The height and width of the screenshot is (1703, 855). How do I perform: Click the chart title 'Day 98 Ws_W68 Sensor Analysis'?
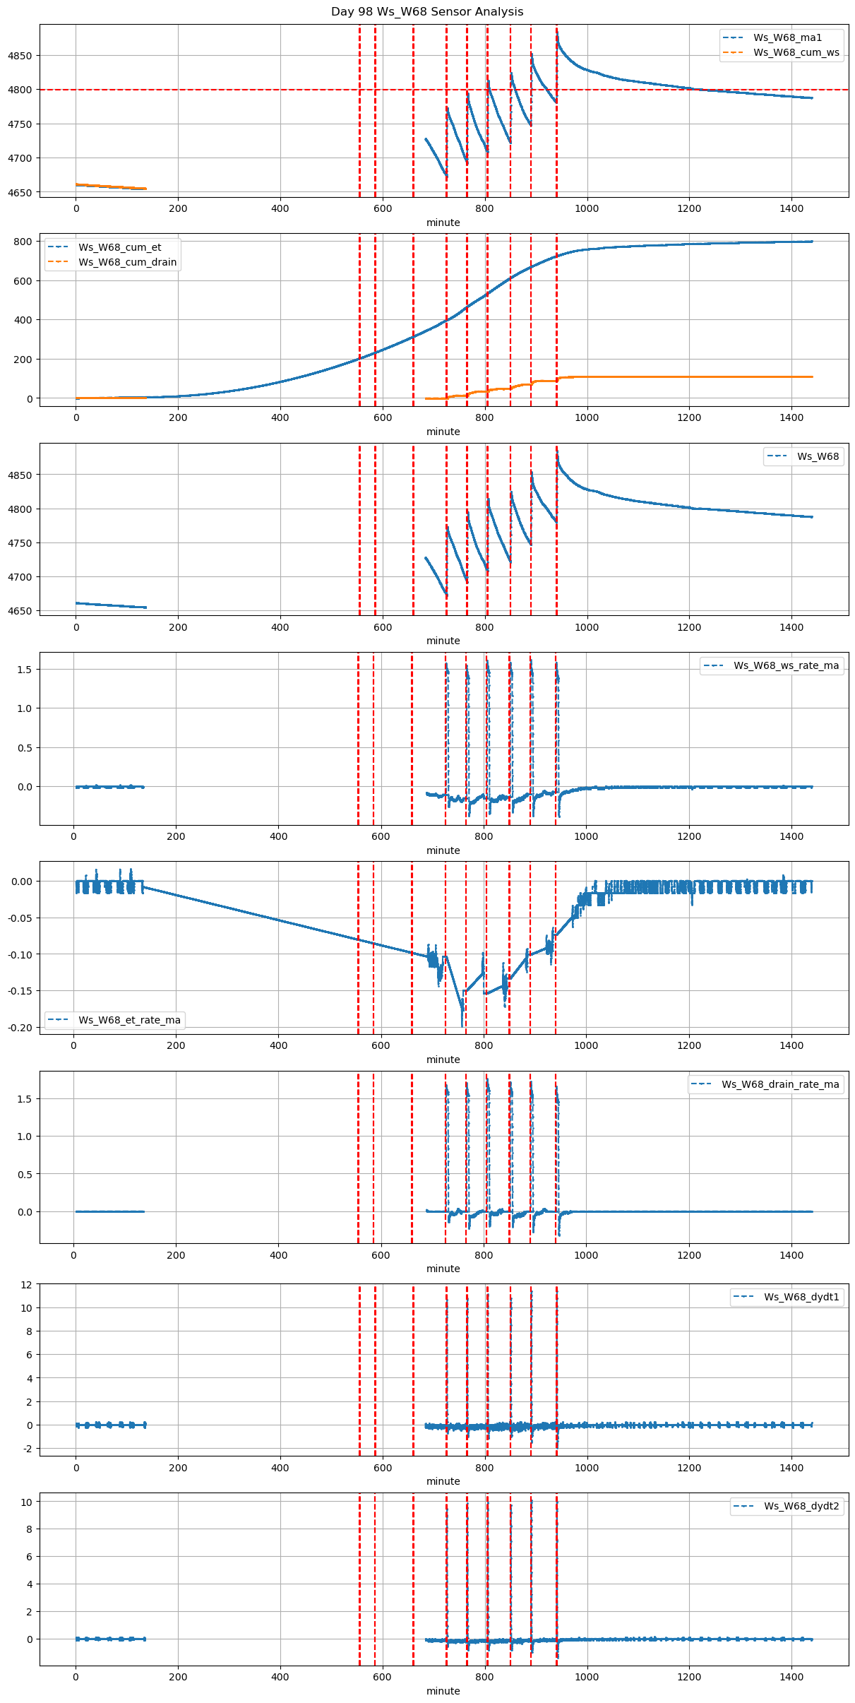(427, 12)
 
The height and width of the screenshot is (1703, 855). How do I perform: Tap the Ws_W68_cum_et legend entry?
(119, 247)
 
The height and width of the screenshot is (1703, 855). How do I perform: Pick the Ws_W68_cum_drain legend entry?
(127, 262)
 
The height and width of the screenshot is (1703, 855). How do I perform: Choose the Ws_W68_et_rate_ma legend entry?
(129, 1020)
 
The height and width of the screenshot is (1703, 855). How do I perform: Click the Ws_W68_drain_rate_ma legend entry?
(780, 1084)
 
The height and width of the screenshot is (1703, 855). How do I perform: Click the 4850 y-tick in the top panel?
(20, 56)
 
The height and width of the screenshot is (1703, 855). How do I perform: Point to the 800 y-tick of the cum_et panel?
(24, 242)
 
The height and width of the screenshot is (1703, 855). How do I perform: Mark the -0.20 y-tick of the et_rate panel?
(20, 1028)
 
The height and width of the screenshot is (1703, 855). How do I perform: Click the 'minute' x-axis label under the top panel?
(443, 222)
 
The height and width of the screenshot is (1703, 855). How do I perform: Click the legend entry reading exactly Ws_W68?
(818, 456)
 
